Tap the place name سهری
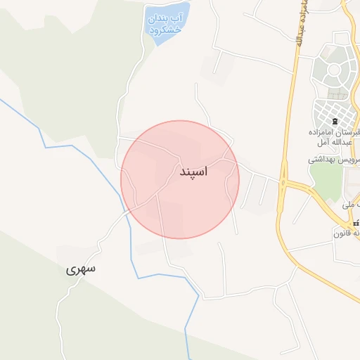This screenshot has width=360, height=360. point(81,269)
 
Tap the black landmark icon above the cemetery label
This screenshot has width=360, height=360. point(335,122)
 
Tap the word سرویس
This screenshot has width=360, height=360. point(352,160)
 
